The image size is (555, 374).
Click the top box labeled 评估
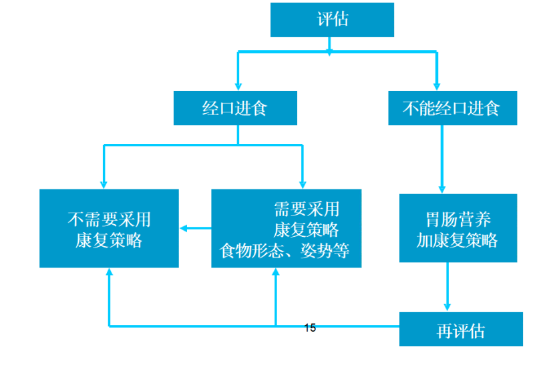pyautogui.click(x=332, y=19)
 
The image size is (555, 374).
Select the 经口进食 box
pyautogui.click(x=235, y=108)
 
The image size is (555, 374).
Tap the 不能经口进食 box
pyautogui.click(x=452, y=108)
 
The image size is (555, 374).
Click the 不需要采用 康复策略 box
pyautogui.click(x=109, y=228)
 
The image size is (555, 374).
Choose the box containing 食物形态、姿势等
pyautogui.click(x=286, y=228)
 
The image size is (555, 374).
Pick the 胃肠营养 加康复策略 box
pyautogui.click(x=457, y=228)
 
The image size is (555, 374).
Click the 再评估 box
pyautogui.click(x=461, y=329)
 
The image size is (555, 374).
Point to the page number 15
pyautogui.click(x=310, y=328)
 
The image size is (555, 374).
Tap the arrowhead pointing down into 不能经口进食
pyautogui.click(x=436, y=86)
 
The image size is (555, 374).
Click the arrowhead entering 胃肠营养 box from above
pyautogui.click(x=442, y=189)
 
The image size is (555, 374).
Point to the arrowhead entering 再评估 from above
pyautogui.click(x=447, y=306)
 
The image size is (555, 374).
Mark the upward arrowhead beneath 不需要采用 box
pyautogui.click(x=109, y=273)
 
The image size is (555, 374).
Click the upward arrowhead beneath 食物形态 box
pyautogui.click(x=275, y=273)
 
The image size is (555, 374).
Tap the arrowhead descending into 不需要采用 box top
pyautogui.click(x=104, y=184)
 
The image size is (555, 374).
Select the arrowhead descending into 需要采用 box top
pyautogui.click(x=302, y=184)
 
